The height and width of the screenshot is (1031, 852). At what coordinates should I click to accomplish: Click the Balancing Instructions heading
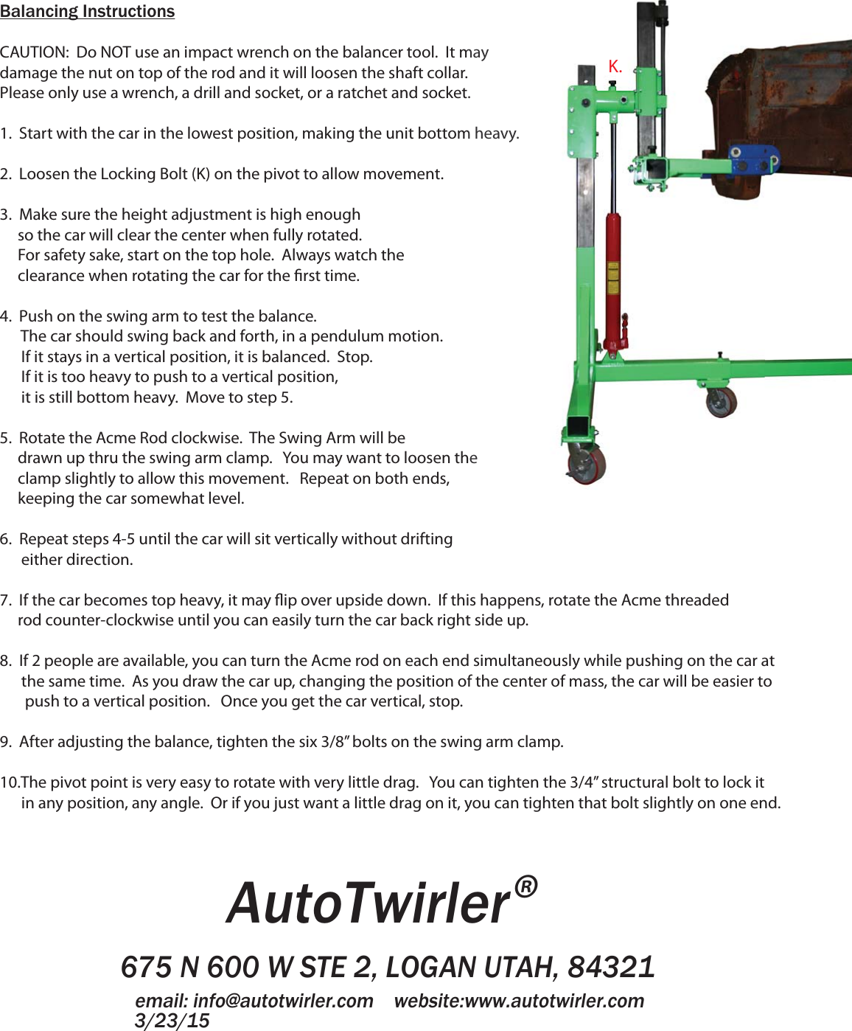[x=87, y=12]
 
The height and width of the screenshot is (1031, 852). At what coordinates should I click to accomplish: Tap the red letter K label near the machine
[x=615, y=66]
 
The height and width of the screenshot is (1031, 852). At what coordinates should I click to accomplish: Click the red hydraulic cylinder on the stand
[x=612, y=280]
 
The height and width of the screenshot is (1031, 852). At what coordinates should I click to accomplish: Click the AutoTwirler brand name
[x=369, y=903]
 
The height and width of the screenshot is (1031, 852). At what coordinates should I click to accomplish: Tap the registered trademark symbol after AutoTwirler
[x=525, y=886]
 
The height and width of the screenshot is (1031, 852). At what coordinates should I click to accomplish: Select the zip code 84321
[x=611, y=967]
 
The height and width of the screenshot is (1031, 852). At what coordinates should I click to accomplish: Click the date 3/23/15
[x=172, y=1021]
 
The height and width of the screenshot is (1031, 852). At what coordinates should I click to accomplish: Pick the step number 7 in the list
[x=5, y=600]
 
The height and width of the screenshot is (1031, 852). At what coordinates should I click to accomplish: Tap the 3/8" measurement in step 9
[x=334, y=742]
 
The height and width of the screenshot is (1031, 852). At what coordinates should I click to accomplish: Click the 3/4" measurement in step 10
[x=584, y=782]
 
